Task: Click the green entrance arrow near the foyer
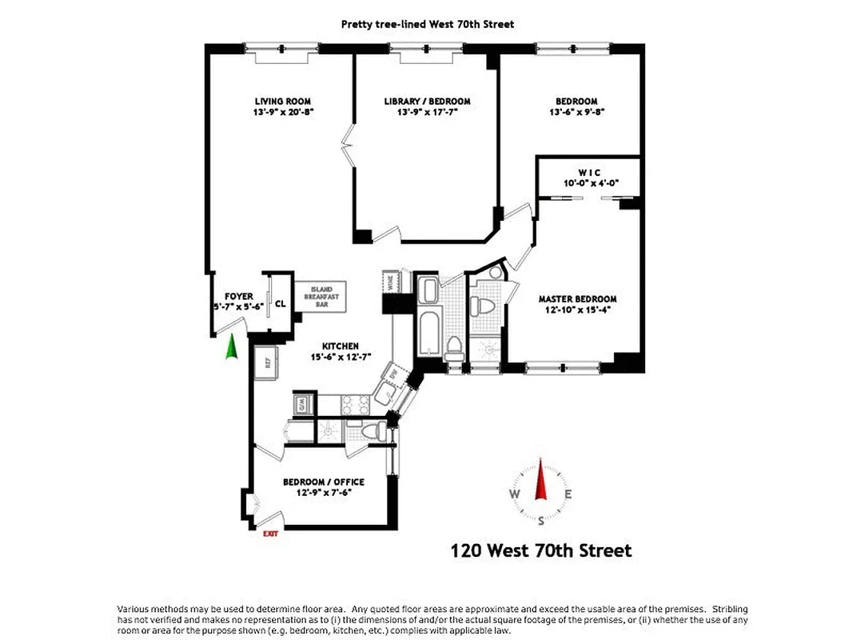[x=232, y=349]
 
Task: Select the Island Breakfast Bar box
[x=321, y=296]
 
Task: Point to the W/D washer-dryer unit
[x=301, y=405]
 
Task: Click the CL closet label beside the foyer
[x=280, y=303]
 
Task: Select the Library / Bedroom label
[x=427, y=102]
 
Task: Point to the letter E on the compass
[x=568, y=494]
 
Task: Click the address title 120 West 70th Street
[x=541, y=550]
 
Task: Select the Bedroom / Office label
[x=323, y=482]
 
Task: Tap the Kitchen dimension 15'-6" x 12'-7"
[x=335, y=357]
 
